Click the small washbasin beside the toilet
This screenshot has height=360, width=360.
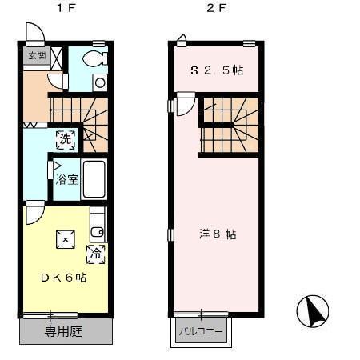point(99,81)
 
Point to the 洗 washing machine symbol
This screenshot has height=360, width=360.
point(66,138)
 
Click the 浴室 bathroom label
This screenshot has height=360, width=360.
point(66,180)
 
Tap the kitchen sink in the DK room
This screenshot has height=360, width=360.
point(97,232)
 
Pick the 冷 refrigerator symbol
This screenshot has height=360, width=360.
point(95,255)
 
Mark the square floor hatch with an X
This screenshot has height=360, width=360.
point(64,239)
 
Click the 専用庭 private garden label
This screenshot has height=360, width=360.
point(64,330)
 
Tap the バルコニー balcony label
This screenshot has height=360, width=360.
point(200,330)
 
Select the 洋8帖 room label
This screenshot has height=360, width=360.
point(217,234)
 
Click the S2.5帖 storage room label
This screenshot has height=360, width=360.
point(216,70)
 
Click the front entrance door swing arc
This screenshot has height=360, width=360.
point(34,33)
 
